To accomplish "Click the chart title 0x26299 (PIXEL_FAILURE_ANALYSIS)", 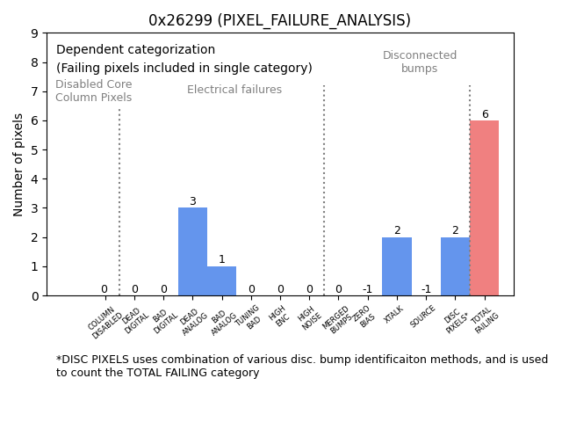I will point(279,20).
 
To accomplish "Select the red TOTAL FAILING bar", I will point(484,208).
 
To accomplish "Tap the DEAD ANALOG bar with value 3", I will point(192,251).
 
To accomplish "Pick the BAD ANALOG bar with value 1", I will point(221,280).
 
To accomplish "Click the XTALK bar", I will point(396,266).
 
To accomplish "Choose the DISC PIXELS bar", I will point(455,266).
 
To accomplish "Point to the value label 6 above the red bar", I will point(485,114).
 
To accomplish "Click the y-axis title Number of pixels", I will point(18,164).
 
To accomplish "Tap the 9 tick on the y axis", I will point(34,33).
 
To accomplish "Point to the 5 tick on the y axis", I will point(34,150).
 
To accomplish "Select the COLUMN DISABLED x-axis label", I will point(106,322).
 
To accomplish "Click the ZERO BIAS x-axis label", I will point(364,317).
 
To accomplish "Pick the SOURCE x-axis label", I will point(423,316).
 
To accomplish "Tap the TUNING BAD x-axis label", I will point(249,317).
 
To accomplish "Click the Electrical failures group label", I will point(234,90).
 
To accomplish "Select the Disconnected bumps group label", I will point(420,62).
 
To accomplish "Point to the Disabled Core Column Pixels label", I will point(94,91).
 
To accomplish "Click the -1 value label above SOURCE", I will point(426,289).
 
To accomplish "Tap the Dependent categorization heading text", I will point(135,50).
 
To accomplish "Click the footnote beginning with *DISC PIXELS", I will point(301,366).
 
